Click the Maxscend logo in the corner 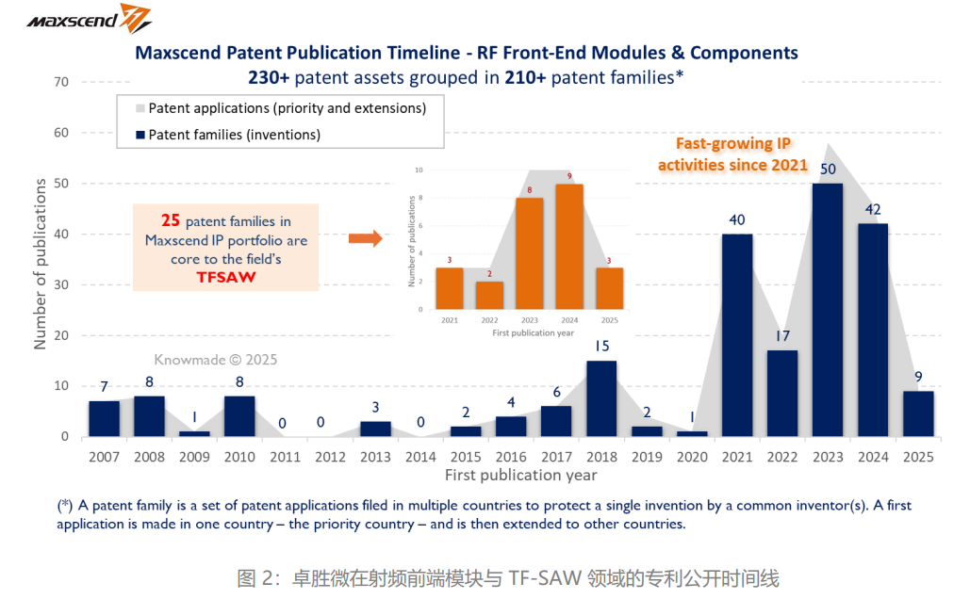click(90, 18)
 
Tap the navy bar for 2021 click(737, 334)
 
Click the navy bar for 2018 click(600, 398)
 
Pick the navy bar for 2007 click(105, 418)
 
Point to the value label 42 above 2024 click(873, 209)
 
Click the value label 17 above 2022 click(782, 336)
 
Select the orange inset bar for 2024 click(568, 246)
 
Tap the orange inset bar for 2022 click(489, 295)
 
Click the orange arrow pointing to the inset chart click(365, 239)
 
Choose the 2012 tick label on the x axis click(330, 457)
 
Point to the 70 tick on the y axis click(61, 82)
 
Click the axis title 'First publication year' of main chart click(520, 475)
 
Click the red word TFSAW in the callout click(226, 279)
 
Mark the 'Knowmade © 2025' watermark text click(216, 359)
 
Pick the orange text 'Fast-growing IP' click(732, 145)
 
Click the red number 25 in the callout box click(171, 221)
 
